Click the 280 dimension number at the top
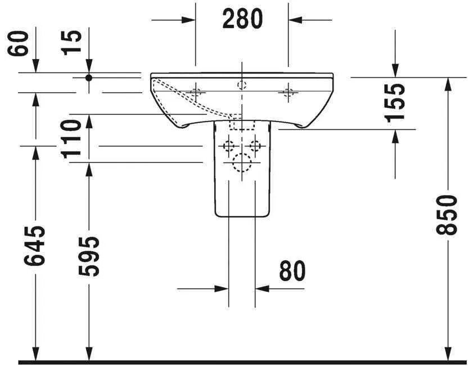point(242,19)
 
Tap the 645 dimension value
point(35,246)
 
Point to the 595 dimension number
point(88,256)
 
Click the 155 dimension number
point(395,102)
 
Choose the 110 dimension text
point(73,139)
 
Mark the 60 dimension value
point(19,43)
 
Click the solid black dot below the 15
point(88,78)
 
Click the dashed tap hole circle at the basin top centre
point(242,85)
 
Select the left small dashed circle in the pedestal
point(228,147)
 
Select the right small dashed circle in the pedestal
point(255,147)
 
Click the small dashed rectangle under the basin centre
point(242,123)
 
